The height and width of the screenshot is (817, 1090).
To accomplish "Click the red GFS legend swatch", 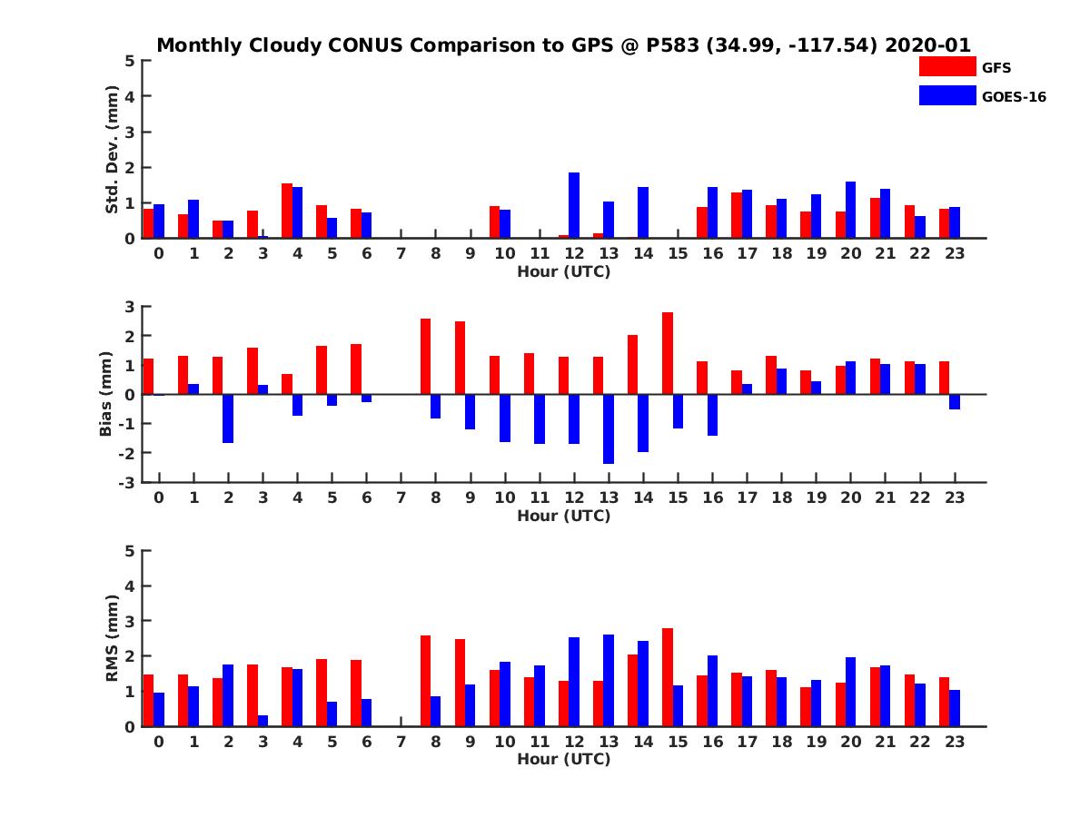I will click(946, 66).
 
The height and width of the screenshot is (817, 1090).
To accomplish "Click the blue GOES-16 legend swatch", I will click(946, 95).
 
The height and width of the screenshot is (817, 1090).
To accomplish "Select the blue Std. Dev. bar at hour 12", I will click(574, 205).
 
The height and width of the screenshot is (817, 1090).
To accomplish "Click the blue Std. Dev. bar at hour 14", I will click(643, 212).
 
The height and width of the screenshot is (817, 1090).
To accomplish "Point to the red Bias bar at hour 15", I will click(668, 353).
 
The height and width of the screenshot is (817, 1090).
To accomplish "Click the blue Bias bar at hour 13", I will click(609, 428).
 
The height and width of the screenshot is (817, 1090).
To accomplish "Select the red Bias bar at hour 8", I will click(425, 356).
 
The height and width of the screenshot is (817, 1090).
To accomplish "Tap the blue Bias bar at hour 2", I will click(228, 418).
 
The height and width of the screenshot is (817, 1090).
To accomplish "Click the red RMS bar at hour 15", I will click(668, 677).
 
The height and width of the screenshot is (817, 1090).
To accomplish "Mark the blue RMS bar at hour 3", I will click(263, 721).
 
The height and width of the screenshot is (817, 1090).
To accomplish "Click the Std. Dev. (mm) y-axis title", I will click(112, 150).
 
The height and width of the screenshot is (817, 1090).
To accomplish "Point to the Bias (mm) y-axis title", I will click(106, 394).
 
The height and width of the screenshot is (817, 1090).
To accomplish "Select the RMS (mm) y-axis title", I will click(112, 638).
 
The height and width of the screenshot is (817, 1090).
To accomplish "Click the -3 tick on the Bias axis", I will click(130, 482).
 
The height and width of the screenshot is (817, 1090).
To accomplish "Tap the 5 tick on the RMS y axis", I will click(131, 550).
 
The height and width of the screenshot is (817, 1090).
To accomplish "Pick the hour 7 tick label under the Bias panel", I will click(401, 497).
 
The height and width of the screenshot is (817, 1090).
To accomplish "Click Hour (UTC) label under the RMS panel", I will click(563, 759).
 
